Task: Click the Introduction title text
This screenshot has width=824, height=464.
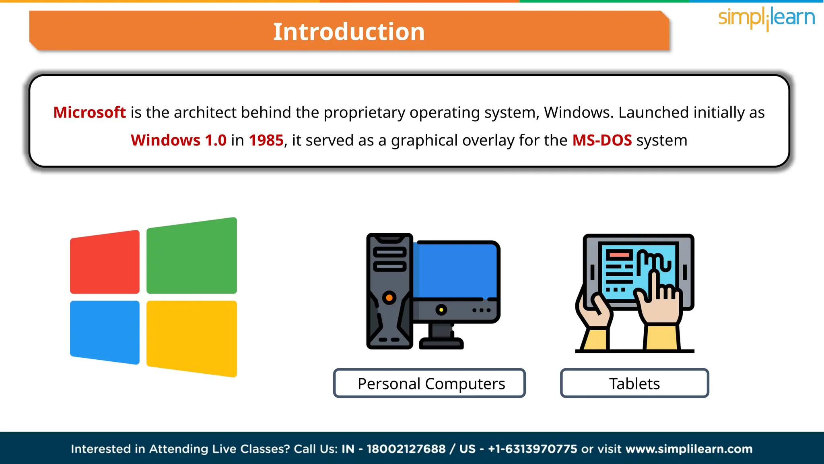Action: pyautogui.click(x=348, y=32)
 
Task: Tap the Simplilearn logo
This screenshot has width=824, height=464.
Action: pyautogui.click(x=766, y=18)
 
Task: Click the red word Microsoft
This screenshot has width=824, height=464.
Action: pyautogui.click(x=89, y=112)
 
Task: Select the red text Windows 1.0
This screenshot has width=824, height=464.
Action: pyautogui.click(x=178, y=140)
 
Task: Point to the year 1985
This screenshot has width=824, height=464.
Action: pyautogui.click(x=266, y=140)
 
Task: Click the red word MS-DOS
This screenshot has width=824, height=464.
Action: pyautogui.click(x=602, y=140)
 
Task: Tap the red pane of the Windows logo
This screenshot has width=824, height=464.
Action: pyautogui.click(x=105, y=262)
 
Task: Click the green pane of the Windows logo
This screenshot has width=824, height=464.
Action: pyautogui.click(x=192, y=256)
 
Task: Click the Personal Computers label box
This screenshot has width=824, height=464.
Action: pyautogui.click(x=429, y=383)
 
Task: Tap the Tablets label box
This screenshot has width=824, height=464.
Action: pyautogui.click(x=634, y=383)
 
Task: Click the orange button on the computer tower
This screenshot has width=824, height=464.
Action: pyautogui.click(x=389, y=298)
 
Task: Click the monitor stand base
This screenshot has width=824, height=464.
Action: pyautogui.click(x=441, y=344)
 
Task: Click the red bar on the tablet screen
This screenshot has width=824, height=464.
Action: pyautogui.click(x=619, y=255)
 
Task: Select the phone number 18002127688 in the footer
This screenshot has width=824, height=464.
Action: pyautogui.click(x=406, y=449)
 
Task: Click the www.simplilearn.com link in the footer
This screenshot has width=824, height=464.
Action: pyautogui.click(x=689, y=449)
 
